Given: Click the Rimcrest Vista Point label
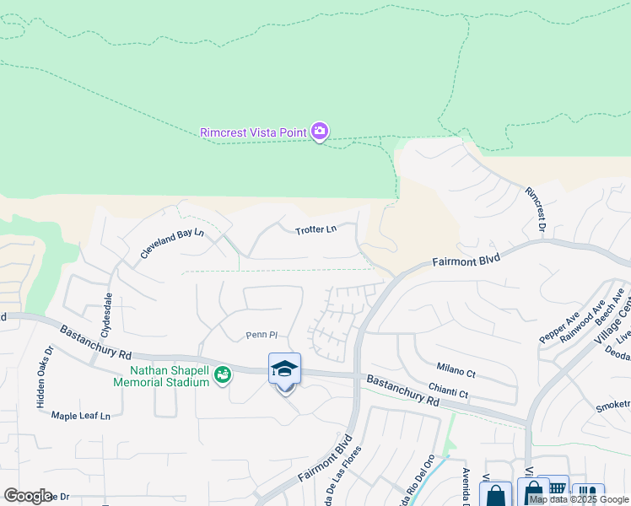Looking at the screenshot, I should point(252,132).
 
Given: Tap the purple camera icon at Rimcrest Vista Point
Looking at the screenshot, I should point(319,132).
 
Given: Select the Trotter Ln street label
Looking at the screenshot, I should point(315,229).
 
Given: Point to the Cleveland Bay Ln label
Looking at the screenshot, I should point(172,243).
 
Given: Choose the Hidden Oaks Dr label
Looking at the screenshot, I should point(43,377).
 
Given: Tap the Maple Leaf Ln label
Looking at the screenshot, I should point(81,416).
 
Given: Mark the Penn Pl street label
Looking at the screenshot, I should point(261,335).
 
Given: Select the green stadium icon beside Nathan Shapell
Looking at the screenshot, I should point(223,374).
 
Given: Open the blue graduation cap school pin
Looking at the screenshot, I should point(285,369).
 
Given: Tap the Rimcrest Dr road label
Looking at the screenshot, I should point(535,210).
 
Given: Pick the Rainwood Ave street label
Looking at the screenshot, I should point(587,320).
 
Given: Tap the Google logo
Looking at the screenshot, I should point(28,496).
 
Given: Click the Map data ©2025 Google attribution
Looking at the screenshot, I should point(580,499).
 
